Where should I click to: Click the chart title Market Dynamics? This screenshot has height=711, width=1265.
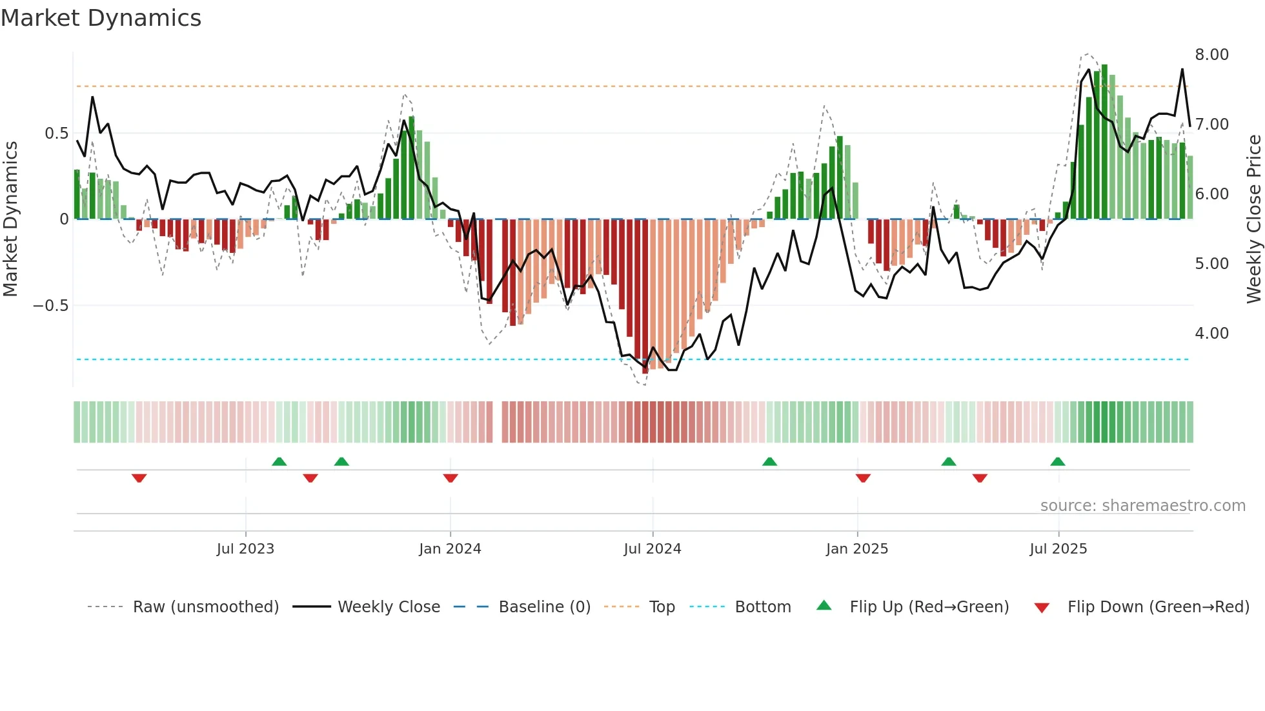coord(101,18)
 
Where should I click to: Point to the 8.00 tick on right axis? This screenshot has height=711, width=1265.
coord(1211,55)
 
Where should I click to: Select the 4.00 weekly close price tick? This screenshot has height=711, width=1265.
coord(1211,334)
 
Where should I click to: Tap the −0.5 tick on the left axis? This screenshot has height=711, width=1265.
coord(51,306)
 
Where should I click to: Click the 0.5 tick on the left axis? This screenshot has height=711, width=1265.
coord(56,134)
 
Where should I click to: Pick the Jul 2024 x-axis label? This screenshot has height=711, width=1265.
coord(652,549)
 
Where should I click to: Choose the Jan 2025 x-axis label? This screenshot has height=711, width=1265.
coord(856,549)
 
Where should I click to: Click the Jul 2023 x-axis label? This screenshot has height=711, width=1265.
coord(245,549)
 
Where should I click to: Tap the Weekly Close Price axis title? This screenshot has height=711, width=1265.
coord(1253,219)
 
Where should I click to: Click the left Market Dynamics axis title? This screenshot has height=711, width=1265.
coord(10,219)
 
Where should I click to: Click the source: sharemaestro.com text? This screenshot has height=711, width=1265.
coord(1142,506)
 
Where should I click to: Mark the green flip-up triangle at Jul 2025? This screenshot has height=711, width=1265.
coord(1057,462)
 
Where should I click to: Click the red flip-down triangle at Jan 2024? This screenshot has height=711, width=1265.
coord(450,478)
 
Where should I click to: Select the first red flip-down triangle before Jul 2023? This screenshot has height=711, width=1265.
coord(139,478)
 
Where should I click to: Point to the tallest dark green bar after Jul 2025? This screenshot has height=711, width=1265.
coord(1104,142)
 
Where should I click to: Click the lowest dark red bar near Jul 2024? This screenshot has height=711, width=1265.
coord(645,297)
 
